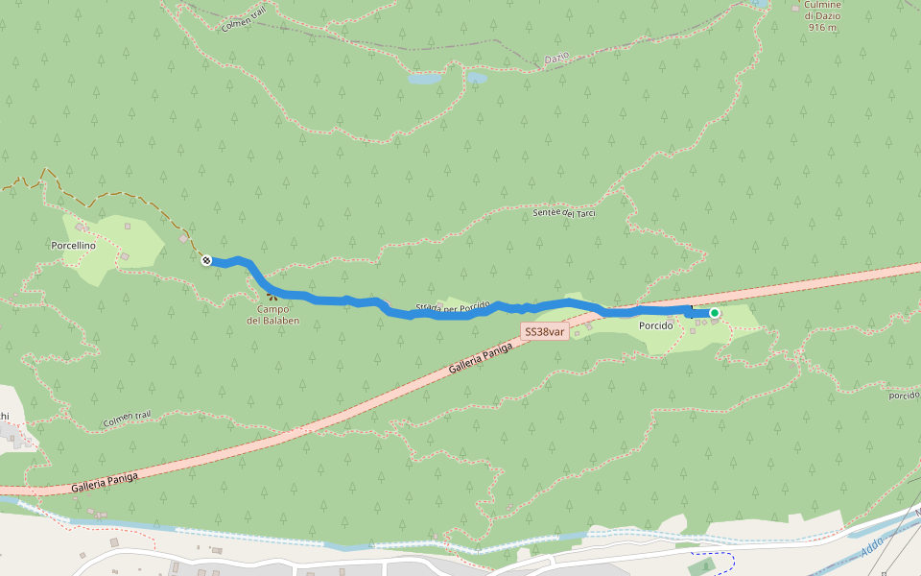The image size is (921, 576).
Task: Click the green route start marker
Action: click(x=715, y=313)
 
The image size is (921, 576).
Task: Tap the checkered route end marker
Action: click(x=206, y=260)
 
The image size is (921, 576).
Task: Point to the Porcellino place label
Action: click(x=73, y=246)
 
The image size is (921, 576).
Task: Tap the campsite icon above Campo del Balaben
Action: click(x=272, y=297)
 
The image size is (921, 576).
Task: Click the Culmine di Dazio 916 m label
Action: click(x=823, y=15)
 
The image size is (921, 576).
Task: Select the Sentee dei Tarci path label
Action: click(x=564, y=212)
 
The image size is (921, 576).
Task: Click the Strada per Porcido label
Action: click(x=452, y=308)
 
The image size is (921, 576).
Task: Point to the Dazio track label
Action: click(x=556, y=59)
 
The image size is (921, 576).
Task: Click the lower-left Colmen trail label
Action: click(x=128, y=420)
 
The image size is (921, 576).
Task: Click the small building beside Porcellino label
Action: click(x=124, y=255)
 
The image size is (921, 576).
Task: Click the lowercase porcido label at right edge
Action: click(x=904, y=395)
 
